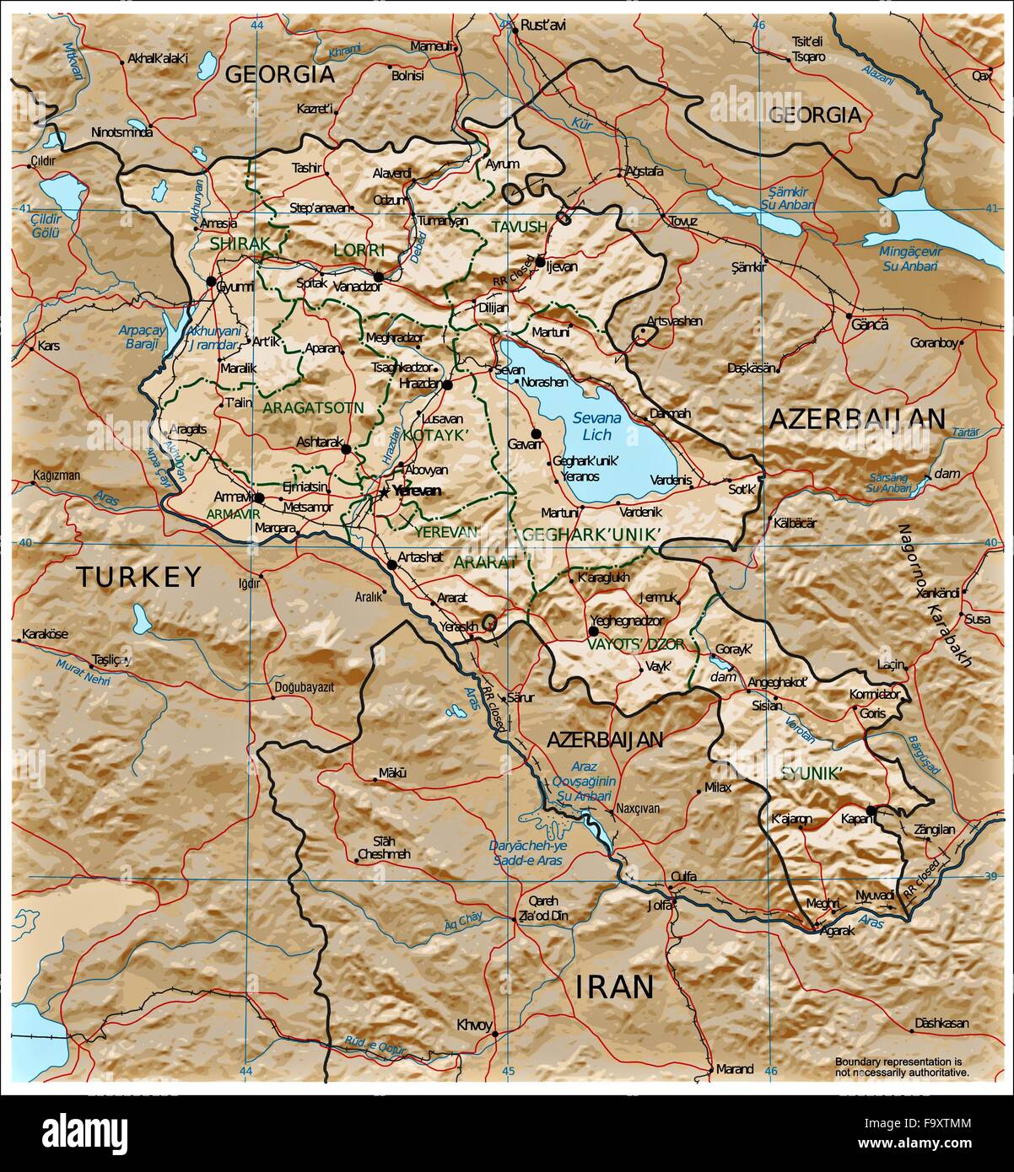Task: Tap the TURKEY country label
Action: pyautogui.click(x=138, y=577)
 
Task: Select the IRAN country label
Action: pyautogui.click(x=615, y=986)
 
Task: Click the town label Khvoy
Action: pyautogui.click(x=473, y=1025)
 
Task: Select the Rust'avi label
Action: pyautogui.click(x=543, y=25)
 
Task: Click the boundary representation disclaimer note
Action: pyautogui.click(x=902, y=1067)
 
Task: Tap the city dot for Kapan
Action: pyautogui.click(x=871, y=810)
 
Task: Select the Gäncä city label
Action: pyautogui.click(x=871, y=325)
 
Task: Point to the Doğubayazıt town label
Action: pyautogui.click(x=305, y=687)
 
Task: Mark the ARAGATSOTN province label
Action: pyautogui.click(x=313, y=407)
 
